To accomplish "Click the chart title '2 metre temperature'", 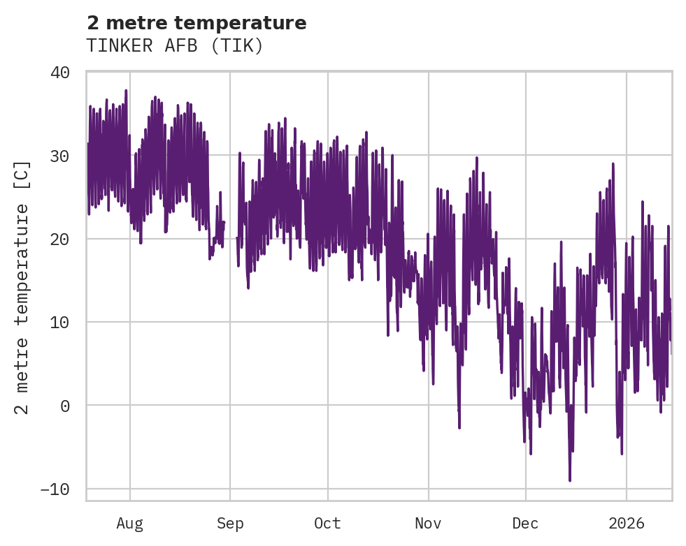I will (196, 23).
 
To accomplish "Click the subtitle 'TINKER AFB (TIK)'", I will (175, 46).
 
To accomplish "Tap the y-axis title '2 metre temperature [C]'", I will (23, 287).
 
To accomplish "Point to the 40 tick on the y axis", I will (60, 73).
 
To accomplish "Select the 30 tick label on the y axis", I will (60, 156).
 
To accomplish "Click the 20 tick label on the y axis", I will (60, 239).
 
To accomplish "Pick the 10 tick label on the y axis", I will (60, 322).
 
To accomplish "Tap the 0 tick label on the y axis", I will (65, 406).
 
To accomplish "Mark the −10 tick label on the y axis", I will (55, 489).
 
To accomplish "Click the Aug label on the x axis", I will (129, 524).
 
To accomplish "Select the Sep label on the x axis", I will (230, 524).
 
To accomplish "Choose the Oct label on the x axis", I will (327, 524).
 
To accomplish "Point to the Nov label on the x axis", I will (428, 524).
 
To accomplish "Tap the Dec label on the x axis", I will (525, 524).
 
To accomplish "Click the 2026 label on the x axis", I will (627, 524).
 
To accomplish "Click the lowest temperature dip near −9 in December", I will (570, 480).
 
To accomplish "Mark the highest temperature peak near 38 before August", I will (126, 91).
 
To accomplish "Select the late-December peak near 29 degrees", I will (613, 164).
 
